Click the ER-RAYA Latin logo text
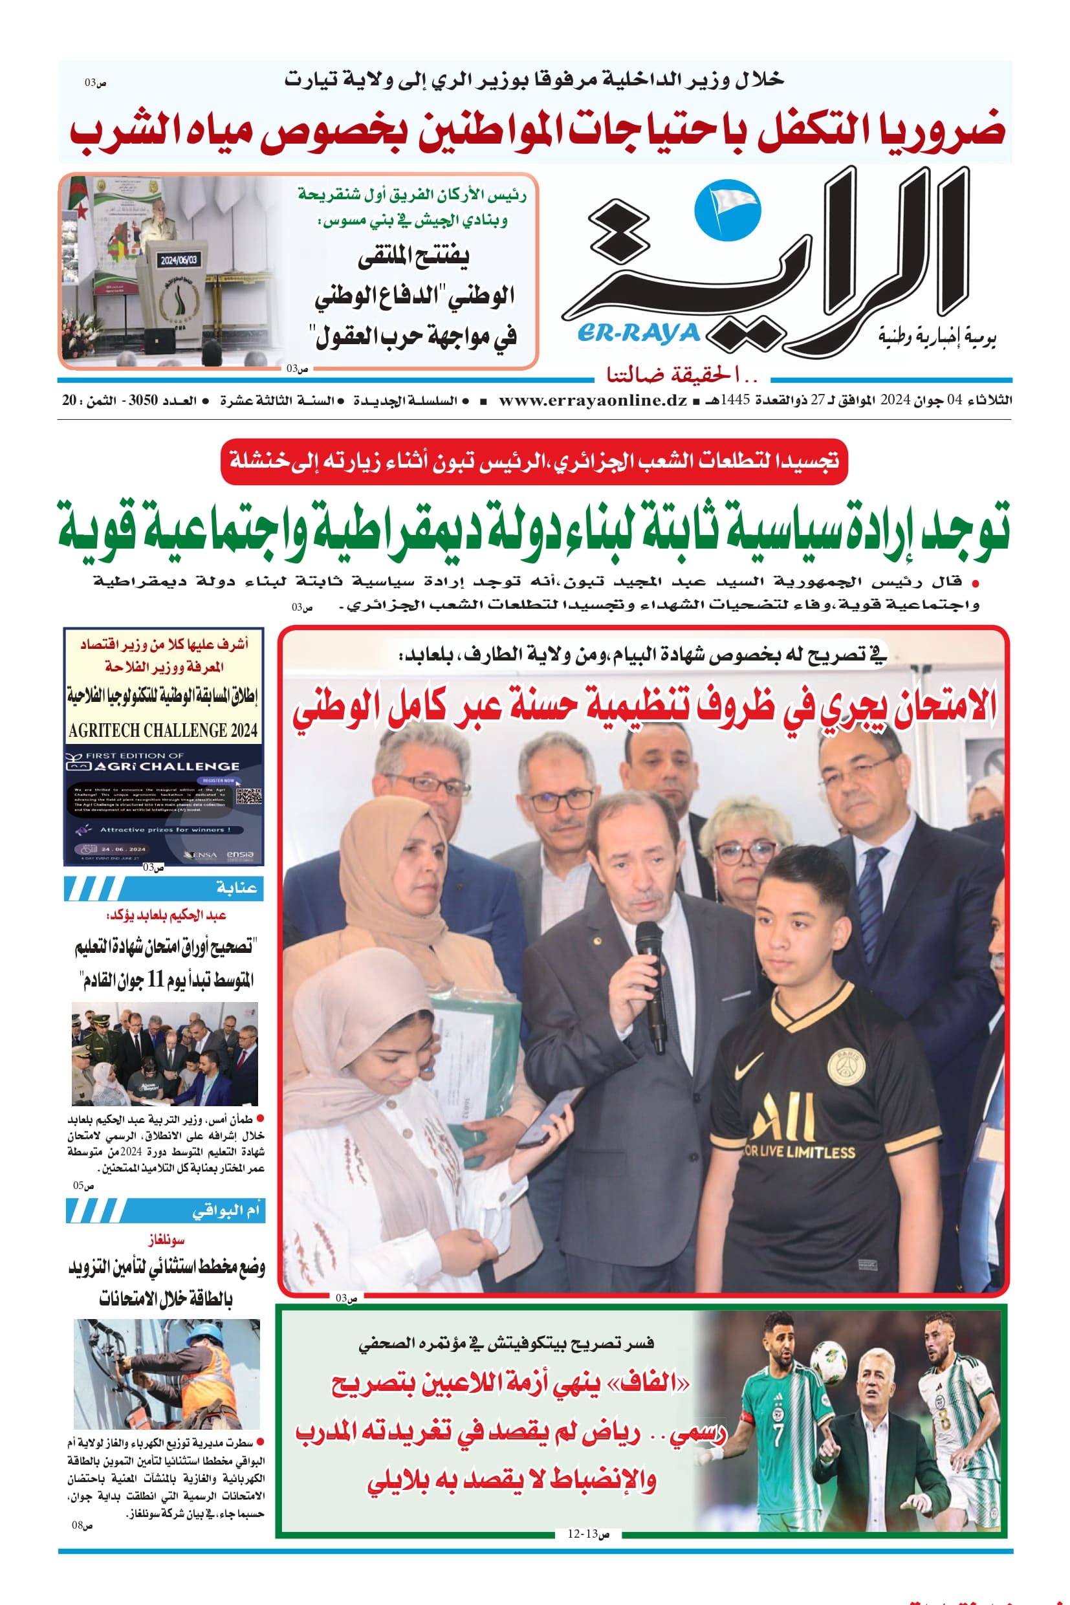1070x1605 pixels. (639, 334)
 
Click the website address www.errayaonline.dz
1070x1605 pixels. (593, 400)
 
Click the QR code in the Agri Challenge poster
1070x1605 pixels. (249, 796)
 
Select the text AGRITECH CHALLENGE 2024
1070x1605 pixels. (163, 730)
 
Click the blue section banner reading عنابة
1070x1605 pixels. (164, 888)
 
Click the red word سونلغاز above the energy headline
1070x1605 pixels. (166, 1239)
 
